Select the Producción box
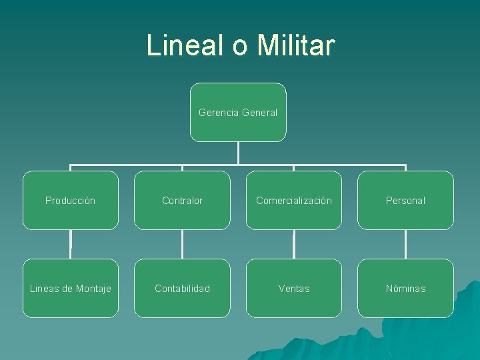(x=71, y=200)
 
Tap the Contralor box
(x=182, y=200)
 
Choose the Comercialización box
(x=294, y=200)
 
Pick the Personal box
(x=405, y=200)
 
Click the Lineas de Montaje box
(x=71, y=288)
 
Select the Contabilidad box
(x=182, y=288)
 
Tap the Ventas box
(x=294, y=288)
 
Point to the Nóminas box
(x=405, y=288)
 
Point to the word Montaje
(x=92, y=289)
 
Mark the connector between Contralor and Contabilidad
(x=182, y=244)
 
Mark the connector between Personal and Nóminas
(x=405, y=244)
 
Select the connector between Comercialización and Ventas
(x=294, y=244)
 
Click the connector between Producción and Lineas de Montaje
(x=71, y=244)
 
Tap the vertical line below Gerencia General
(x=238, y=153)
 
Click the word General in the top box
(x=259, y=113)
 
